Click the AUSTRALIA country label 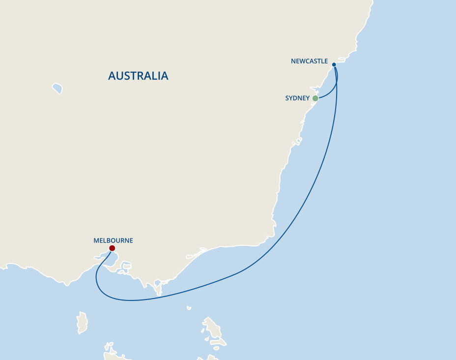click(x=138, y=76)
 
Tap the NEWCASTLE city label click(x=309, y=61)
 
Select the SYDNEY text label click(x=297, y=98)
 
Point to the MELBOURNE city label click(x=113, y=240)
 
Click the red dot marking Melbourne click(x=112, y=248)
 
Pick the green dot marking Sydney click(x=315, y=98)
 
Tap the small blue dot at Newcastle click(x=334, y=64)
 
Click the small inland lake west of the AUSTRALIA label click(x=57, y=89)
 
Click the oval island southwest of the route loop click(x=82, y=322)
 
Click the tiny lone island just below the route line click(x=189, y=308)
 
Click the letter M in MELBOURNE click(x=96, y=240)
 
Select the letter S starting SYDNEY click(x=287, y=98)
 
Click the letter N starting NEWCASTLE click(x=293, y=61)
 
